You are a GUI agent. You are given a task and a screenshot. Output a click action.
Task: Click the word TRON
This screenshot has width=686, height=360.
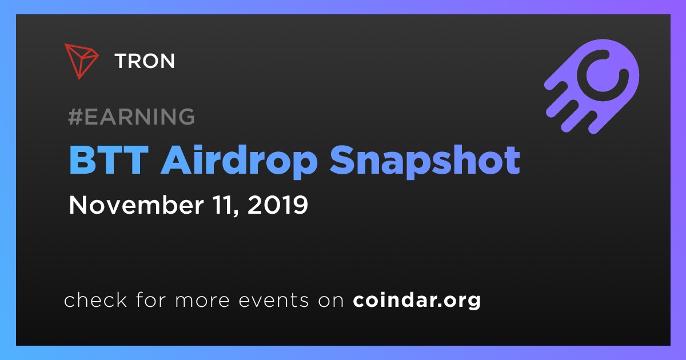tap(145, 61)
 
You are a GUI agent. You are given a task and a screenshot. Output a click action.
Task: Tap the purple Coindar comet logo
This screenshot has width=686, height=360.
tap(592, 86)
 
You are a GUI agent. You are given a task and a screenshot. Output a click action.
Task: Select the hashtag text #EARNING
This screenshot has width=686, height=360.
tap(131, 117)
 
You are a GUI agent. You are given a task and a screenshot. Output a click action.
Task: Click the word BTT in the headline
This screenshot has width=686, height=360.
tap(109, 160)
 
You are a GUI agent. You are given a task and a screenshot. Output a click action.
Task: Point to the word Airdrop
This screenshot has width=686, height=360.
tap(239, 162)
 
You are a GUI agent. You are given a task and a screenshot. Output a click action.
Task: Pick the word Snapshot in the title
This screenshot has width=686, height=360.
tap(425, 162)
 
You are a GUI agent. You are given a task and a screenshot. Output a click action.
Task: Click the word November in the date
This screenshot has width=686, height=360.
tap(136, 205)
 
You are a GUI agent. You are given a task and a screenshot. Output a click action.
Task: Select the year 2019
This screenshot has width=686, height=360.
tap(278, 205)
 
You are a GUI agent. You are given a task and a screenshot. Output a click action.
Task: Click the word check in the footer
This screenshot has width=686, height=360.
tap(95, 299)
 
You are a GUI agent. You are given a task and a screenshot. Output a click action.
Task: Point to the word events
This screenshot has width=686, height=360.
tap(273, 300)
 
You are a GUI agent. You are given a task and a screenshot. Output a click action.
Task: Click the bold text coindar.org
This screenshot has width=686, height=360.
tap(417, 301)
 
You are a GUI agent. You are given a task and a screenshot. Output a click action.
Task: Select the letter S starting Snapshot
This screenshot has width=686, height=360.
tap(342, 160)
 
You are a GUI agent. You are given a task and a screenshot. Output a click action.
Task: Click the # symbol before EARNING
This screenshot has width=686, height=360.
tap(75, 117)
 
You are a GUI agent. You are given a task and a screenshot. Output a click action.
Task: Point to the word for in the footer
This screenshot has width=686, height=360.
tap(151, 299)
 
